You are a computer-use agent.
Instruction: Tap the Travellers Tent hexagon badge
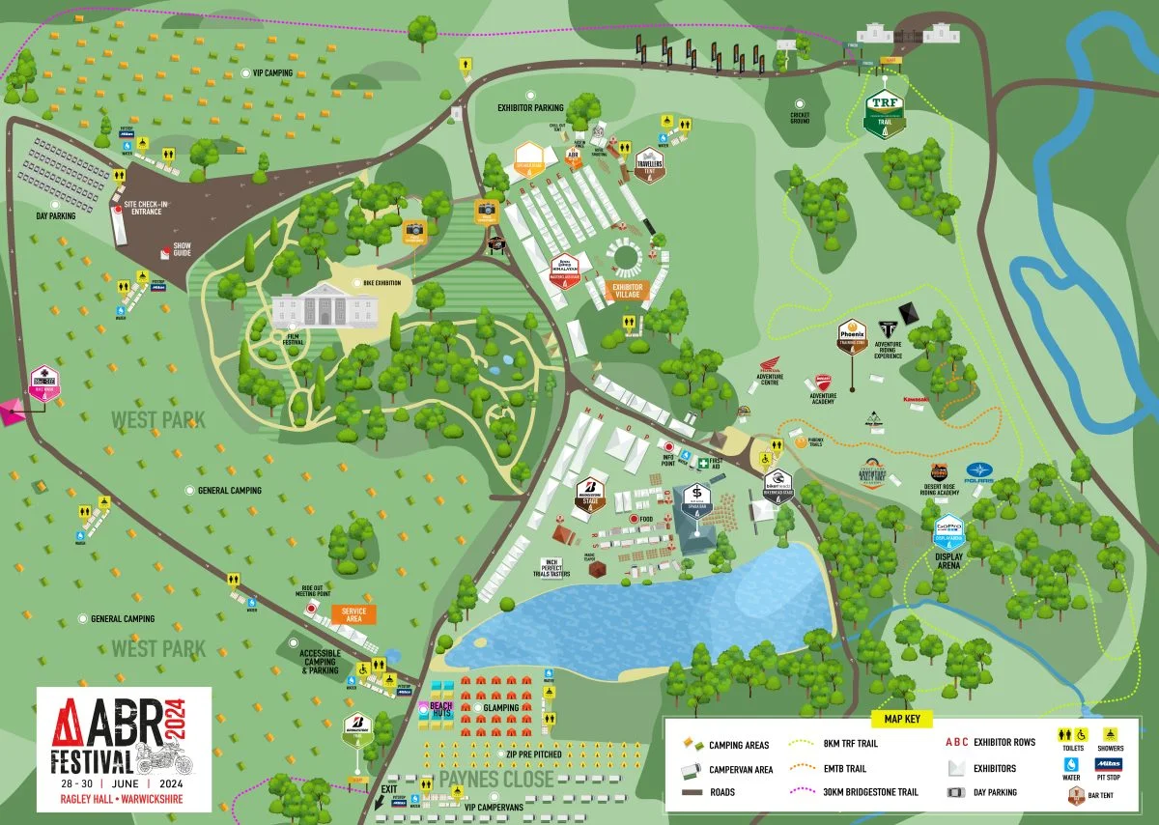[x=648, y=164]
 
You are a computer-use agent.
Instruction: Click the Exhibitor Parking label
[x=530, y=108]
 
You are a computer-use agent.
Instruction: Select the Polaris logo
[x=979, y=470]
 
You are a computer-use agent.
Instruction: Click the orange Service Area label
[x=354, y=613]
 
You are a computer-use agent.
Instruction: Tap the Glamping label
[x=499, y=708]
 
